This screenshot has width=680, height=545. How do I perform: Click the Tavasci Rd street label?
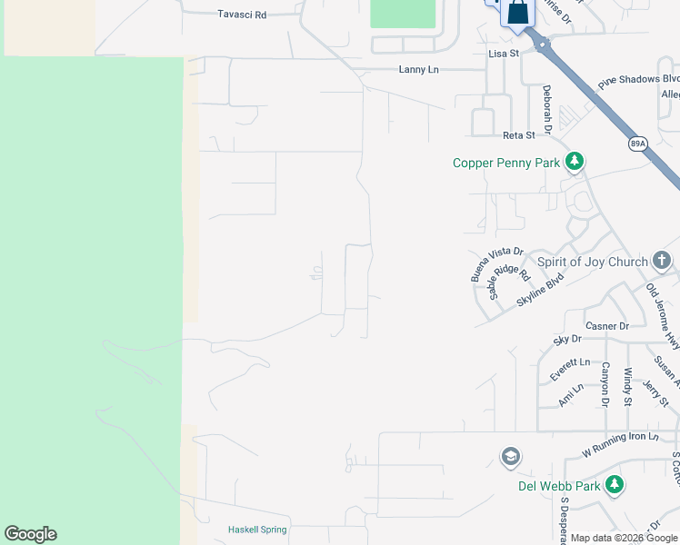coord(242,15)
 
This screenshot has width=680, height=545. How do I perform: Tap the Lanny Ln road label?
coord(418,69)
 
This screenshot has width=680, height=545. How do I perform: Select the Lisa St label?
coord(503,54)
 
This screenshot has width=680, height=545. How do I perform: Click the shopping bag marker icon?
coord(517,13)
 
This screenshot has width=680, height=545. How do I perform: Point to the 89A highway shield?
coord(638,143)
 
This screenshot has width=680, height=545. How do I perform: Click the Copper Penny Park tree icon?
coord(574,162)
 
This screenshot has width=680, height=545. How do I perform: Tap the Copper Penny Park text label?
coord(505,163)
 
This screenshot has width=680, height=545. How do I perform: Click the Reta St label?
coord(518,135)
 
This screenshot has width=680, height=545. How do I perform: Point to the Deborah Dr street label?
coord(547,110)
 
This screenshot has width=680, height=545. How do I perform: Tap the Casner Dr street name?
coord(607,326)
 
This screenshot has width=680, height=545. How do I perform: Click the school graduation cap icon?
coord(510,456)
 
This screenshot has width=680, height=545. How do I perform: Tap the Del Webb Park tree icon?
coord(615,485)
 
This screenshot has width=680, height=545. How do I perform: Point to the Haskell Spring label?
coord(257,530)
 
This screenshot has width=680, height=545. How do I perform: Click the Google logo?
coord(31,534)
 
